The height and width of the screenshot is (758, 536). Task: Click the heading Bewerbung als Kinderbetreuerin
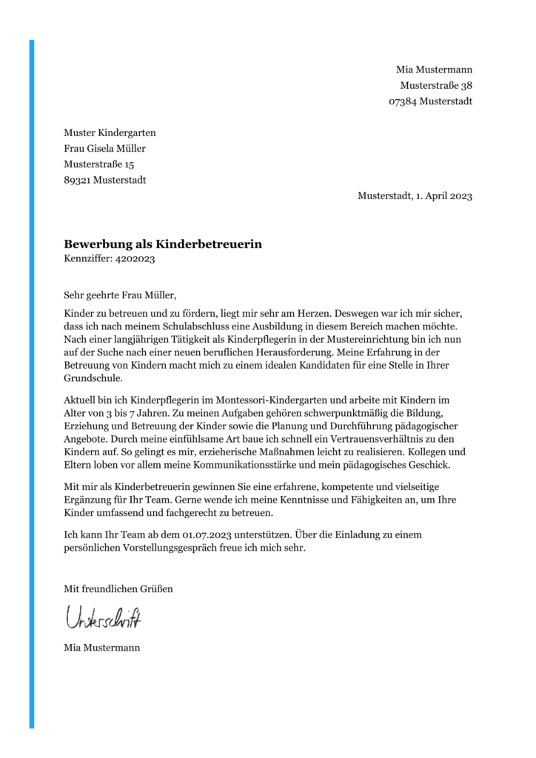tap(163, 244)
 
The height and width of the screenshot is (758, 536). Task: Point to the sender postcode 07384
tap(402, 101)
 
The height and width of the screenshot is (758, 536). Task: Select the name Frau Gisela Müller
tap(105, 149)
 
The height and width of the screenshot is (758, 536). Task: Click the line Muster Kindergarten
tap(110, 133)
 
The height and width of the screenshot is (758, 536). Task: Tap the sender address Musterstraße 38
tap(436, 85)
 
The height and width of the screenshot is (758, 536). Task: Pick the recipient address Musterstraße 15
tap(99, 164)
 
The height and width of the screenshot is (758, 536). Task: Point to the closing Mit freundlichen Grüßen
tap(118, 588)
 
